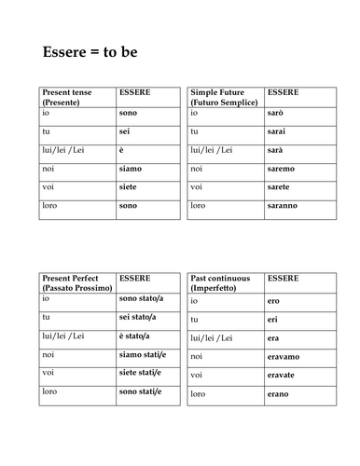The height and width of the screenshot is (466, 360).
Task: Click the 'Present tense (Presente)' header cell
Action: [x=69, y=97]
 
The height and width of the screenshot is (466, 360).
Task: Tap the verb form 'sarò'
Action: [x=275, y=113]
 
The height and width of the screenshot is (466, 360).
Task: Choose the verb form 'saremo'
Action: [x=280, y=168]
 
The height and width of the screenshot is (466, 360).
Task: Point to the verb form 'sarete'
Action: [x=279, y=186]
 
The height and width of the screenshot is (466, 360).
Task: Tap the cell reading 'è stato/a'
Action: [x=135, y=336]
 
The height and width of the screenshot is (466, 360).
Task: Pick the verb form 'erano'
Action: [x=277, y=393]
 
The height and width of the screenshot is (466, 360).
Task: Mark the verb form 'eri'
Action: [x=272, y=320]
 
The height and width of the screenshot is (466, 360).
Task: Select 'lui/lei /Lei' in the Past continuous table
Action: [x=213, y=337]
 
